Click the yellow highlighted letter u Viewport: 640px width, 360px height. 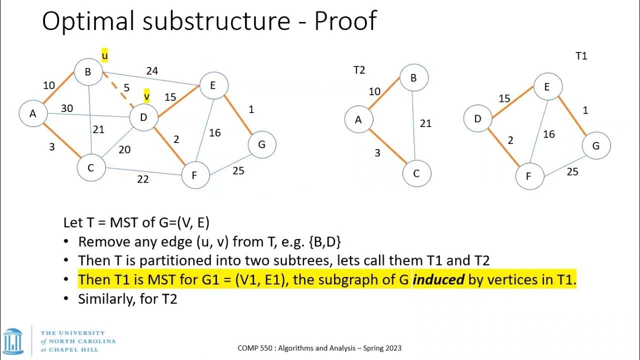click(x=104, y=55)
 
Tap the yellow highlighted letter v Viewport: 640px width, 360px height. click(x=146, y=95)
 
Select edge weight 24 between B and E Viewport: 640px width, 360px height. click(x=152, y=71)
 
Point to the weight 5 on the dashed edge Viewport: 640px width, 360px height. click(x=126, y=88)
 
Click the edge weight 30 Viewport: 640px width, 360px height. click(x=67, y=108)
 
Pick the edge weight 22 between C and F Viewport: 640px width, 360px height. click(x=143, y=179)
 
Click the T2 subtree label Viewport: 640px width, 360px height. click(x=359, y=70)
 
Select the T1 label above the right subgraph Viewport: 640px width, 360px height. click(x=581, y=56)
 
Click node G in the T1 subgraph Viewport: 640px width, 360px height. click(x=595, y=146)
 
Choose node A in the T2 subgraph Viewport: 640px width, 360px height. click(x=358, y=120)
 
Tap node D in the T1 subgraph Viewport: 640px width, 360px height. click(x=477, y=119)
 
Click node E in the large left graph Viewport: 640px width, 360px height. click(x=212, y=85)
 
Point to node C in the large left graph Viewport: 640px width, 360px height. click(x=91, y=168)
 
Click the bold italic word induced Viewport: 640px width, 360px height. click(x=438, y=280)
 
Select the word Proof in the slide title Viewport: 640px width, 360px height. click(x=345, y=21)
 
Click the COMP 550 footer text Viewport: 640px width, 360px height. click(x=319, y=348)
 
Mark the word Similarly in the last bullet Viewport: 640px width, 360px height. click(x=104, y=299)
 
